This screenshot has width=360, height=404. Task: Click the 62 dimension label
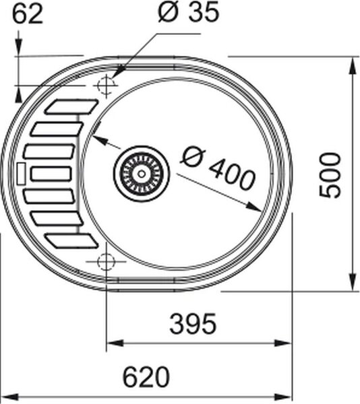click(x=28, y=15)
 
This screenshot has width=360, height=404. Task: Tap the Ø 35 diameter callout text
click(x=189, y=12)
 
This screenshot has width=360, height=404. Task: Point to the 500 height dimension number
click(x=330, y=176)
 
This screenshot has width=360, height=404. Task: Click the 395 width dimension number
click(x=193, y=324)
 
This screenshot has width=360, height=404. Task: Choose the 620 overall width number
click(x=146, y=377)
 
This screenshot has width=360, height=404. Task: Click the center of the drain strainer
click(x=142, y=174)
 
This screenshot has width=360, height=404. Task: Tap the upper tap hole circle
click(x=106, y=85)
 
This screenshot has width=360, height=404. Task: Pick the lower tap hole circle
click(x=106, y=261)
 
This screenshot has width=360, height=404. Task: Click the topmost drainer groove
click(x=71, y=106)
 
